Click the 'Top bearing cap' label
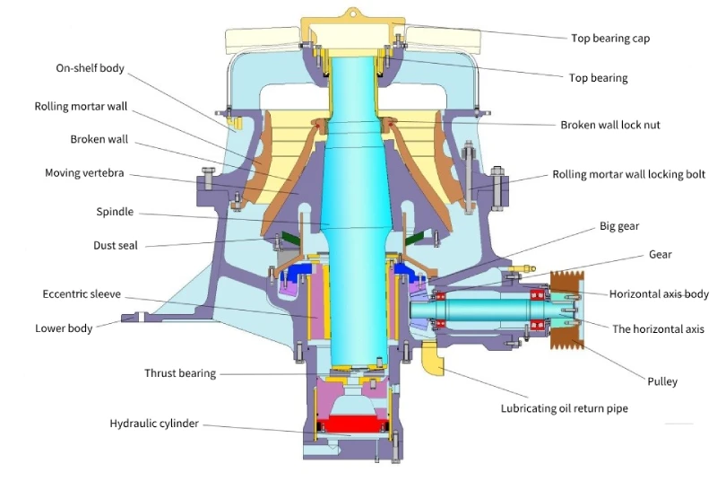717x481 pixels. click(609, 39)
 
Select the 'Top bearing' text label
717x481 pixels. click(598, 78)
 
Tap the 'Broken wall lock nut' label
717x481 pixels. click(609, 125)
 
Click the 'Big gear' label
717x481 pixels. click(619, 226)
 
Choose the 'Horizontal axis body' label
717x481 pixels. click(659, 293)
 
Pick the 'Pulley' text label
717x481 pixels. click(662, 381)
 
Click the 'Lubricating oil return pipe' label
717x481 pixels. click(564, 408)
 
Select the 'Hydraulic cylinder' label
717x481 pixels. click(154, 423)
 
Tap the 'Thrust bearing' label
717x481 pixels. click(180, 373)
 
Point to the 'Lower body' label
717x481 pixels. click(64, 328)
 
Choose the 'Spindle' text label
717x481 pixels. click(115, 212)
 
